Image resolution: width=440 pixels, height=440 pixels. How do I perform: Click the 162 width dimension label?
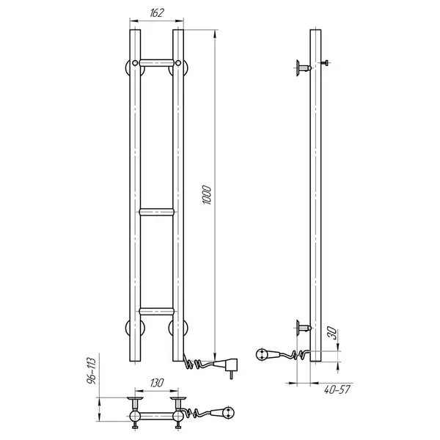click(x=157, y=13)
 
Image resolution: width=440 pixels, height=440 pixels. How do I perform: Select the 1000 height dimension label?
click(x=207, y=194)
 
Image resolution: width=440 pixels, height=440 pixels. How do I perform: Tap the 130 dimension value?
click(x=157, y=383)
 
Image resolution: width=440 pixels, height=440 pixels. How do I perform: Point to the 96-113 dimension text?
click(x=92, y=370)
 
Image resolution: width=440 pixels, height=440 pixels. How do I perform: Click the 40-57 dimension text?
click(x=337, y=389)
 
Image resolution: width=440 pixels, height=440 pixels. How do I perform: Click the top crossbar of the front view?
click(x=157, y=62)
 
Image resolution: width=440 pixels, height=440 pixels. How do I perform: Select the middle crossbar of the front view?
click(x=157, y=212)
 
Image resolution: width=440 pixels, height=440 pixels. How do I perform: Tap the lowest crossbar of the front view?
click(x=157, y=311)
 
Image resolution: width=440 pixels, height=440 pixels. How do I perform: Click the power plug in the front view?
click(x=228, y=367)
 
